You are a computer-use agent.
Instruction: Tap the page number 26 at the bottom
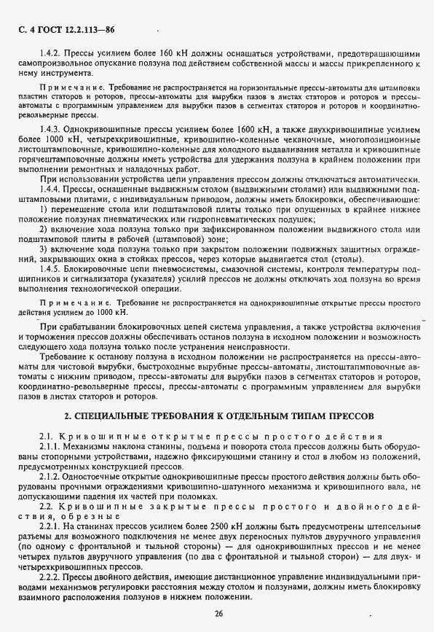218,612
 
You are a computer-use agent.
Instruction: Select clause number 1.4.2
52,53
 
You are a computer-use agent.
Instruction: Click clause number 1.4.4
52,188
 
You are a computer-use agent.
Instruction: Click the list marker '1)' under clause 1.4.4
44,208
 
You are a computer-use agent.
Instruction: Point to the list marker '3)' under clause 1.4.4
44,248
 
